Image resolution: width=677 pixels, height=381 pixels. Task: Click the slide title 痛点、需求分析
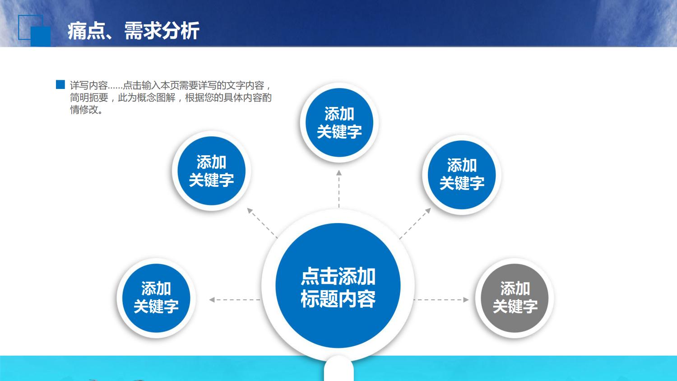pos(133,31)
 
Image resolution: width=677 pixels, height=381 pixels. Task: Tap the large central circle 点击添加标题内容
pos(338,286)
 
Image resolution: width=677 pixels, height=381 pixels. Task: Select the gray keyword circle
pos(515,298)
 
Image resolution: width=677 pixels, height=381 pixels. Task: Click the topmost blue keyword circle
pos(339,122)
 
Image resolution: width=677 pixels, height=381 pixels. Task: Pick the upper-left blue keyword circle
pos(211,171)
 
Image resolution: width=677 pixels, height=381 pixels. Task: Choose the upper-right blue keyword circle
pos(461,174)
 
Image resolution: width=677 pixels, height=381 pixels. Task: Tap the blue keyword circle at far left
pos(156,298)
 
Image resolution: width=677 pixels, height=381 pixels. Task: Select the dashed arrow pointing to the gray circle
pos(441,299)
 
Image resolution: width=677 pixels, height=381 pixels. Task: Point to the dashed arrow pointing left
pos(235,299)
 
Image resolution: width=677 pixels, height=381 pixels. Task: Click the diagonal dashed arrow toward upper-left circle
pos(262,223)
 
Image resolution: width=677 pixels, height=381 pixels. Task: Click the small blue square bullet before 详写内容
pos(60,84)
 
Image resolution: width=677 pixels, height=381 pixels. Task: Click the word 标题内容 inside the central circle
pos(338,299)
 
